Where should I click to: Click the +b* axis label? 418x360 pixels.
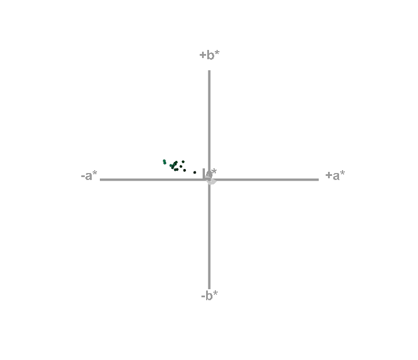(x=210, y=55)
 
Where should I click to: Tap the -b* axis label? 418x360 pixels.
(x=210, y=296)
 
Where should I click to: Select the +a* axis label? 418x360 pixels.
(x=335, y=175)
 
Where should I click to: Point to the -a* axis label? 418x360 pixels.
(x=89, y=175)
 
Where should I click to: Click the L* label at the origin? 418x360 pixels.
(x=210, y=172)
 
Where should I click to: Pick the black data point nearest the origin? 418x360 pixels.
(x=194, y=172)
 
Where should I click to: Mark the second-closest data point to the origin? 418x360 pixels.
(x=185, y=170)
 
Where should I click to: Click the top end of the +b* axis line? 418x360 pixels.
(x=209, y=71)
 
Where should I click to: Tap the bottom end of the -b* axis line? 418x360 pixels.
(x=209, y=288)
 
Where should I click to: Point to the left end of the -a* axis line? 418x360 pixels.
(x=100, y=179)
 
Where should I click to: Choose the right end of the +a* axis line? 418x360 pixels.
(x=318, y=179)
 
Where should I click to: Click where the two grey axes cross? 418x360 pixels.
(x=209, y=179)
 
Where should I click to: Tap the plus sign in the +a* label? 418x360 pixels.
(x=329, y=175)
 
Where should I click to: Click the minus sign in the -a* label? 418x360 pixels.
(x=82, y=176)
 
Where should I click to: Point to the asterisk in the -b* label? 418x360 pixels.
(x=216, y=293)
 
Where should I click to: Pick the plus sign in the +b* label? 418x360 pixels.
(x=203, y=55)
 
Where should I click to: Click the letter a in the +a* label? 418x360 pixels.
(x=336, y=176)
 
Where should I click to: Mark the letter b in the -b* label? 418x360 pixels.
(x=210, y=296)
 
